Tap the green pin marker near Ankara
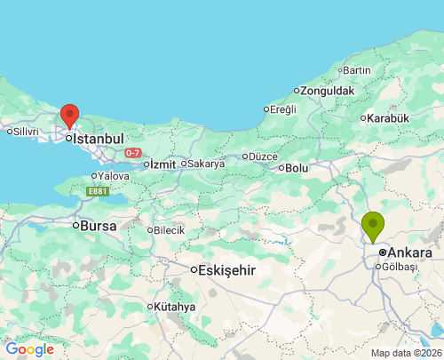pos(374,225)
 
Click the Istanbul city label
pos(97,139)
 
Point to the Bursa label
pos(98,226)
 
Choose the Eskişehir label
pos(226,269)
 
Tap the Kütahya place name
pos(173,307)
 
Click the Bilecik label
pos(169,230)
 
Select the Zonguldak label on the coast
pos(328,91)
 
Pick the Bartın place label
pos(356,70)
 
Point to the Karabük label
pos(388,118)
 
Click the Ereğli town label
pos(281,109)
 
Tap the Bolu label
pos(296,167)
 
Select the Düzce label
pos(263,156)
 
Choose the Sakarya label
pos(205,164)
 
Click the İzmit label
pos(163,164)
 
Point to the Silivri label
pos(26,132)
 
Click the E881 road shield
pos(97,191)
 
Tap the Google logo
pos(29,349)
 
